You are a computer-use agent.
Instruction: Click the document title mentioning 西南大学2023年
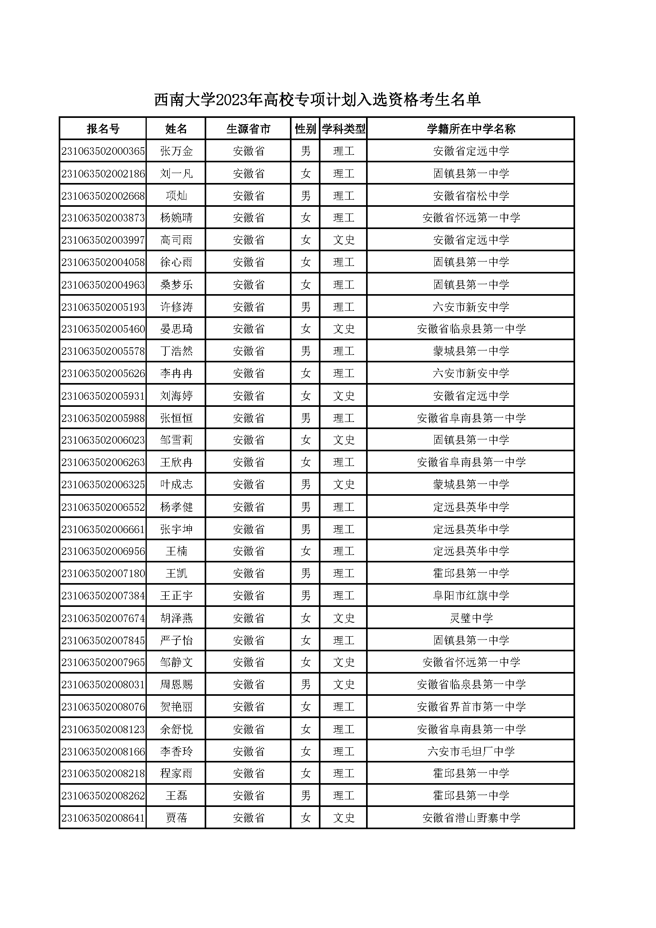click(317, 99)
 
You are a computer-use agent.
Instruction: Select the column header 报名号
click(103, 129)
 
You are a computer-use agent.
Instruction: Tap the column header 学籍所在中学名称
click(471, 129)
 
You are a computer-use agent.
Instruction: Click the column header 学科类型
click(343, 129)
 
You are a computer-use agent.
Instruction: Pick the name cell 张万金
click(176, 151)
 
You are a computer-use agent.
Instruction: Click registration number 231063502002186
click(103, 174)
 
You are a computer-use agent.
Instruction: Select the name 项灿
click(176, 196)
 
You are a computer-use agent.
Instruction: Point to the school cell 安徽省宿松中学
click(471, 196)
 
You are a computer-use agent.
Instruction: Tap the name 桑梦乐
click(176, 285)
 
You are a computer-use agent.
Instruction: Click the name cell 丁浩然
click(176, 351)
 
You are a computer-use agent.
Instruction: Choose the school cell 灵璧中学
click(471, 618)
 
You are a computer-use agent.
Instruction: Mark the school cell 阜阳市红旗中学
click(471, 596)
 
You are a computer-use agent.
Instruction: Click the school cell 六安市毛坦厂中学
click(471, 751)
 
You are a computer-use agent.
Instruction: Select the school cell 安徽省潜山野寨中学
click(471, 818)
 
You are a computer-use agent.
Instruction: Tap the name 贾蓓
click(176, 818)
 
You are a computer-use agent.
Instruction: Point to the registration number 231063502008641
click(103, 818)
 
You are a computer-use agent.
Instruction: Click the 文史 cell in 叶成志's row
click(343, 485)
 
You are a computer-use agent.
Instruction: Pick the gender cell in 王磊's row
click(305, 796)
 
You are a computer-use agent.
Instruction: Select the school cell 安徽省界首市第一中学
click(471, 707)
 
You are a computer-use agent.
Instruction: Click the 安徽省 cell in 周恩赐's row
click(248, 685)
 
